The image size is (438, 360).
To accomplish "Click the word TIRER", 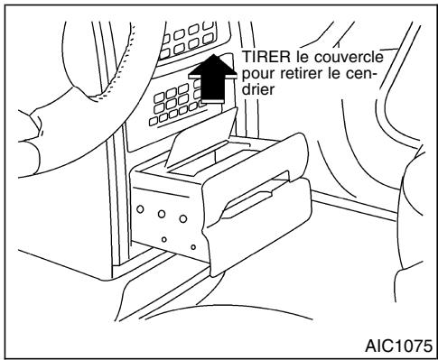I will [x=263, y=58].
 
